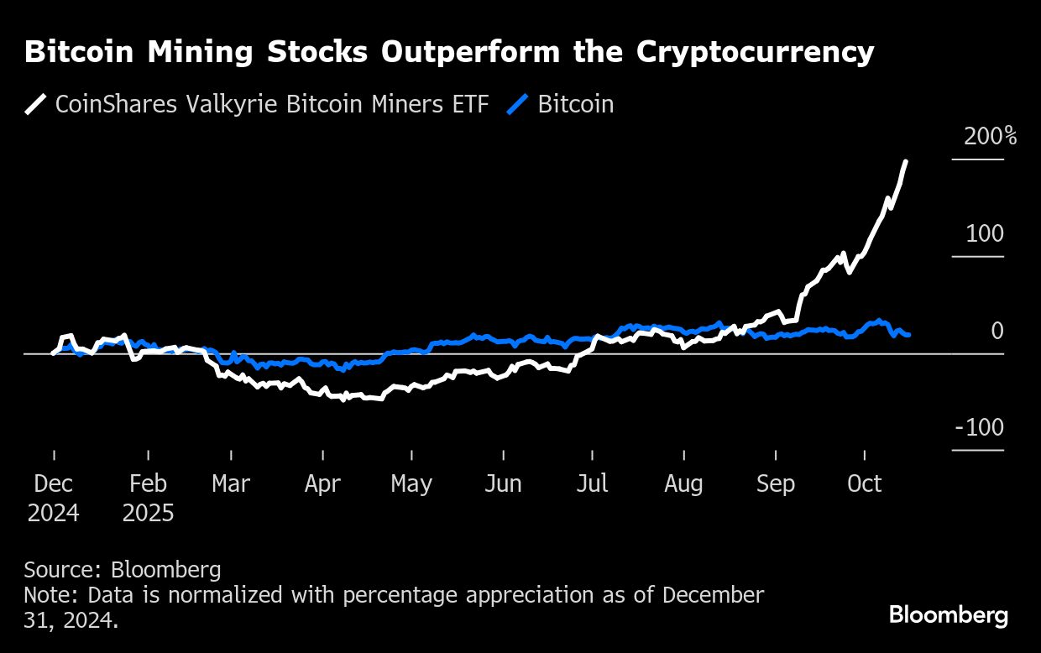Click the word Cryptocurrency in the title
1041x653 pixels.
(x=755, y=52)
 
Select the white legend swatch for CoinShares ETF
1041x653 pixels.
(x=35, y=105)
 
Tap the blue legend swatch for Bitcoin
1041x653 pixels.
(x=519, y=105)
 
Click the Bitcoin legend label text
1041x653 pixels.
(x=576, y=105)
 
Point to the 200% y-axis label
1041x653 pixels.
(x=990, y=137)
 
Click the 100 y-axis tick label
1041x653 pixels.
(x=984, y=234)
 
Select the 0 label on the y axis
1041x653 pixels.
(x=997, y=331)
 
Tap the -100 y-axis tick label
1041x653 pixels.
(x=979, y=428)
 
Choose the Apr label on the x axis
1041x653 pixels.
(x=322, y=484)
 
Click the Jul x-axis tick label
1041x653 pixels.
(x=593, y=484)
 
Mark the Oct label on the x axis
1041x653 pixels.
(x=865, y=484)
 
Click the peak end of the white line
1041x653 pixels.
(x=905, y=161)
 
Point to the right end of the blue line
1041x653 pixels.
(x=908, y=335)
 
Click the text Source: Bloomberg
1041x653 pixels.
(x=123, y=570)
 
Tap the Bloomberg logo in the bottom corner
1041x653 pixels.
(x=949, y=615)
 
